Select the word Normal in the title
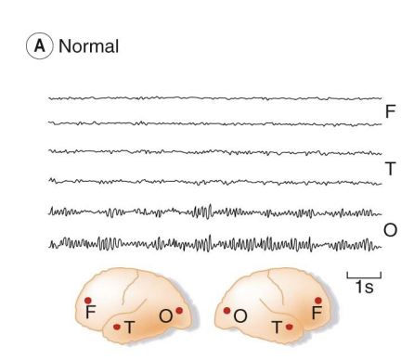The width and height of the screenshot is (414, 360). (88, 45)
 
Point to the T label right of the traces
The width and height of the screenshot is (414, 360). (390, 168)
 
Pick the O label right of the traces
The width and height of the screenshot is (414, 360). (390, 229)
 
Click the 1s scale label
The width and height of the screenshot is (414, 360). (363, 289)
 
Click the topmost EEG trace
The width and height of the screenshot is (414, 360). (213, 97)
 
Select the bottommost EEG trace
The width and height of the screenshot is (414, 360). (213, 245)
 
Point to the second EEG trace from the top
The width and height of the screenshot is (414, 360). (213, 122)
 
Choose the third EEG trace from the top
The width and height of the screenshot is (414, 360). (213, 151)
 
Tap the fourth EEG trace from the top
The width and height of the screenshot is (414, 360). (213, 181)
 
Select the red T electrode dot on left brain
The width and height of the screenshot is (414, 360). (116, 326)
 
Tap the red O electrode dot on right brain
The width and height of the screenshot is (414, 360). (226, 311)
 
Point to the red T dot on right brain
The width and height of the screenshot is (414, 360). (288, 327)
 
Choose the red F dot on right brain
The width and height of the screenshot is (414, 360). (317, 301)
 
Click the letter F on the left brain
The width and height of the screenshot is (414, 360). (90, 315)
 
